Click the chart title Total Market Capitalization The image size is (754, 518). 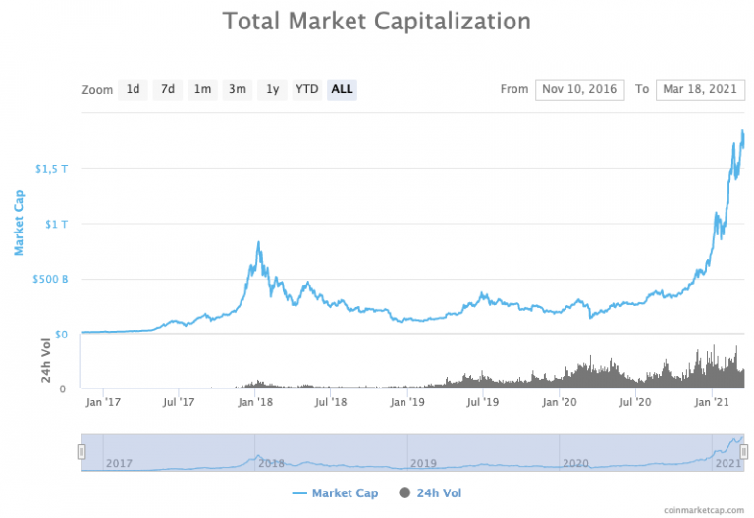[x=376, y=21]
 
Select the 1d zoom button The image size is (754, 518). [x=133, y=89]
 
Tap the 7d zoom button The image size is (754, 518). [x=168, y=89]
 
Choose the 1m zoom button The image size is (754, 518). [x=202, y=89]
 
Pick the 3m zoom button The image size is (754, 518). [x=237, y=89]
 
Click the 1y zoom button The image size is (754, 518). [x=272, y=89]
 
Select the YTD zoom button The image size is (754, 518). [x=307, y=89]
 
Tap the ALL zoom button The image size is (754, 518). [x=342, y=89]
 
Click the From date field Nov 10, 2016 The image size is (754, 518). [x=578, y=89]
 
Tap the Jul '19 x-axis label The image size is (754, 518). [x=483, y=401]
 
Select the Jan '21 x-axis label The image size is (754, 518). [x=711, y=401]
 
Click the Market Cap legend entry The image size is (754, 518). [x=335, y=492]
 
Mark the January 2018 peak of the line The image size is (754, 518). [x=258, y=242]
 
